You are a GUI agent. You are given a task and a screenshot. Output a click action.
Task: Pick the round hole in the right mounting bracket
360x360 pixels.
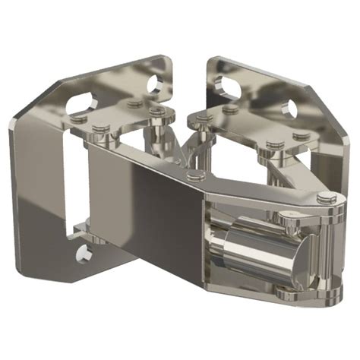click(x=289, y=109)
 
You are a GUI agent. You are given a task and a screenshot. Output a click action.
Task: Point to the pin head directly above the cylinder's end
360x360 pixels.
click(x=289, y=218)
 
